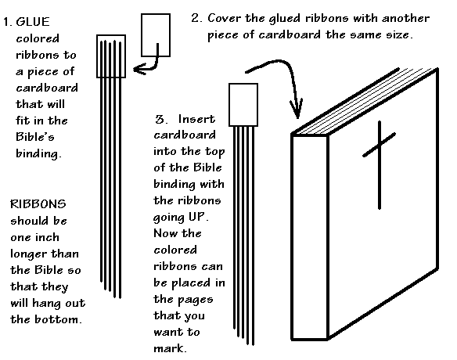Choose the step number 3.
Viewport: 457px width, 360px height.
[161, 120]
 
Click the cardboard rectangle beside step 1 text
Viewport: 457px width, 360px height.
[113, 56]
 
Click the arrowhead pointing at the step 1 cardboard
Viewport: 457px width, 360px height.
[139, 70]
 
